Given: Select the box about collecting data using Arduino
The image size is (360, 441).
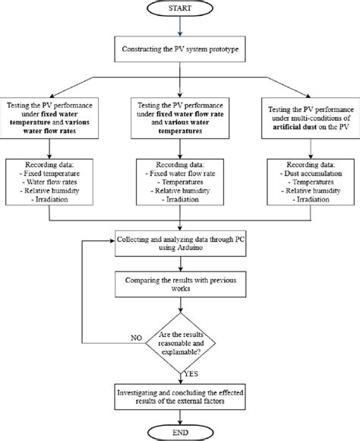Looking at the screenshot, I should click(x=180, y=243).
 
